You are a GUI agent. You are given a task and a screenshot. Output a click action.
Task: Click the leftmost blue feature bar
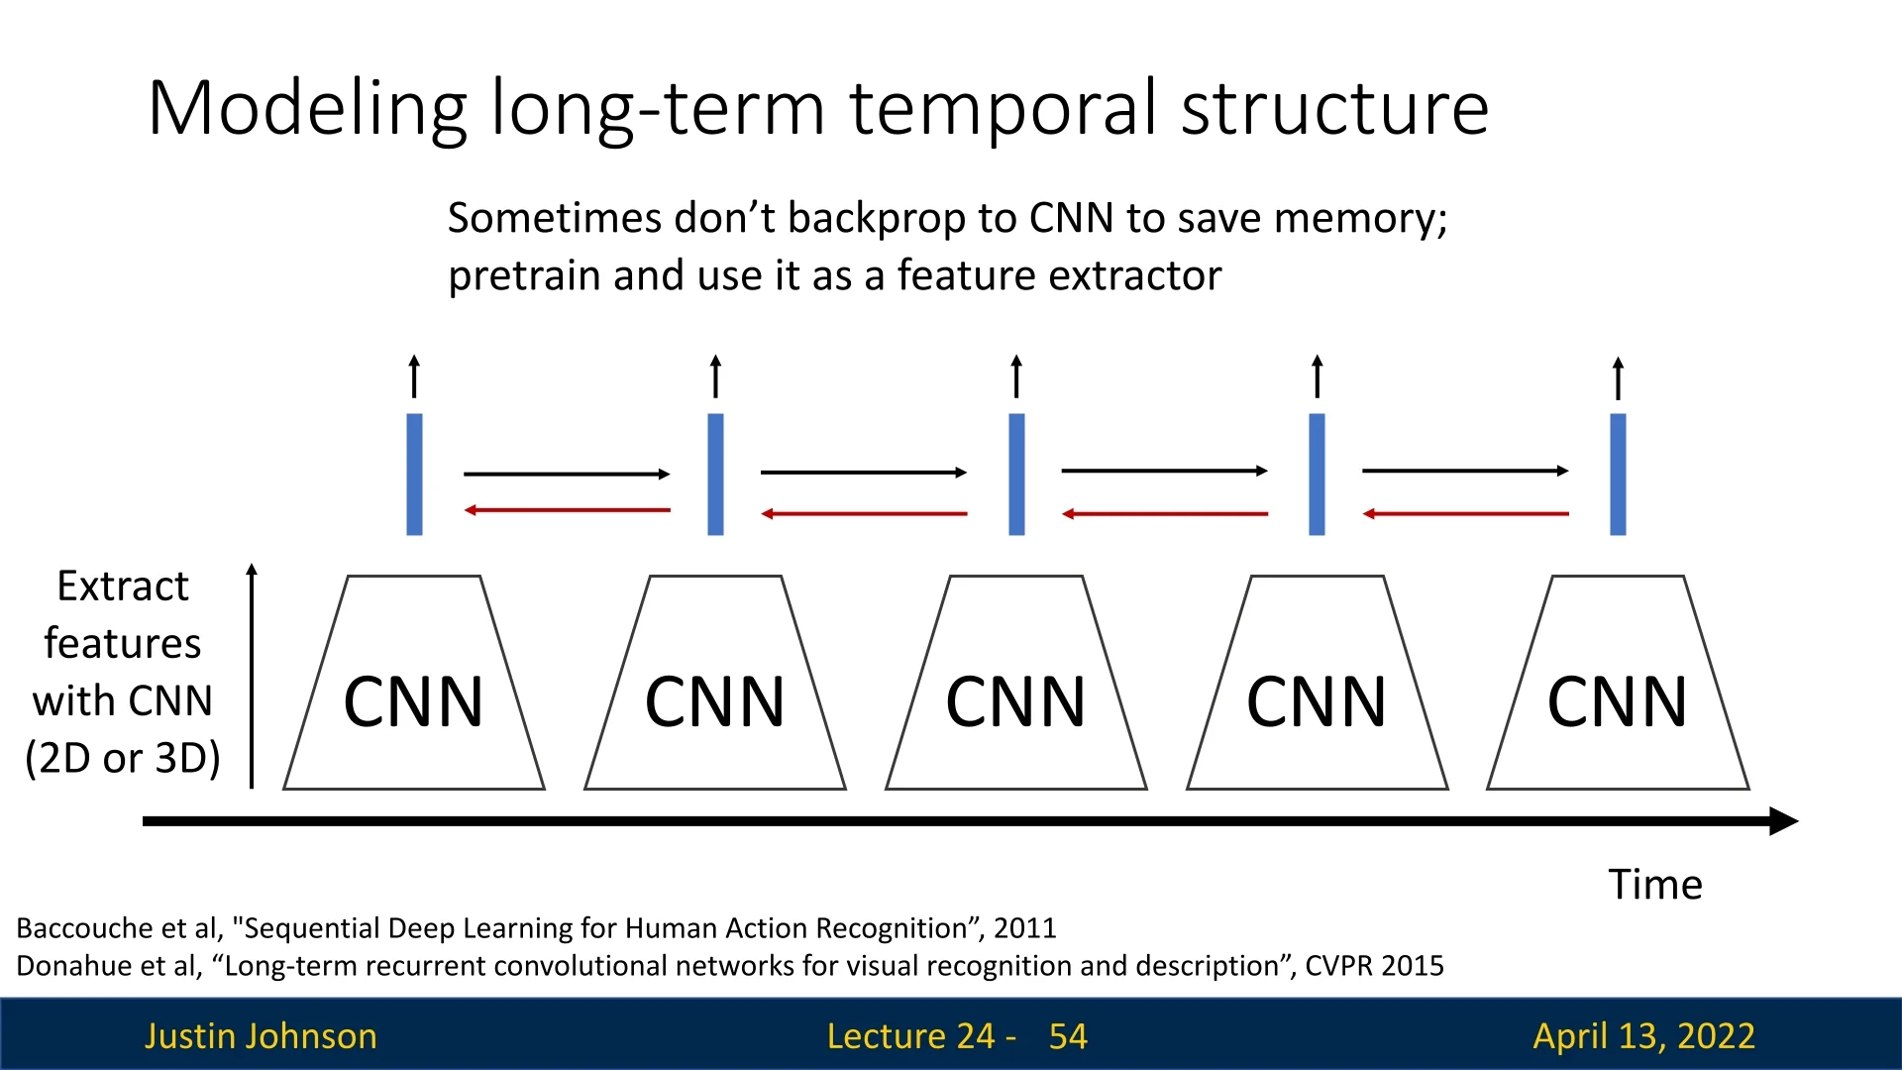tap(414, 475)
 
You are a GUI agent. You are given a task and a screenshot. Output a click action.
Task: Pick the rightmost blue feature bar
tap(1618, 475)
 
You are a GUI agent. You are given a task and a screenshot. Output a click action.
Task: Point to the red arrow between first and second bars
tap(568, 510)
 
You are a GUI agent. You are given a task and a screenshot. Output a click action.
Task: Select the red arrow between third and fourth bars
tap(1165, 514)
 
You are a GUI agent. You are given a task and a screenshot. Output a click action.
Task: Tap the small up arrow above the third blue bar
tap(1016, 376)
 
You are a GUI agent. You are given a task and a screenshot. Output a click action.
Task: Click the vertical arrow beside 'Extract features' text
tap(252, 676)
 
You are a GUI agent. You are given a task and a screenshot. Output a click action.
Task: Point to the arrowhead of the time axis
tap(1784, 821)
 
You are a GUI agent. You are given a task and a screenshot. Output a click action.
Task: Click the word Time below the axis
tap(1655, 884)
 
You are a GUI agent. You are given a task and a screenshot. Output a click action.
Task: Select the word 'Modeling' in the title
tap(307, 109)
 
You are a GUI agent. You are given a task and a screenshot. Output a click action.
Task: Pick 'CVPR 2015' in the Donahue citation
tap(1374, 966)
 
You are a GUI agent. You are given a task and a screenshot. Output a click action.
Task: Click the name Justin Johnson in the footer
tap(261, 1036)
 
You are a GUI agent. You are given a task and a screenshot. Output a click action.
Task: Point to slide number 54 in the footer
tap(1068, 1036)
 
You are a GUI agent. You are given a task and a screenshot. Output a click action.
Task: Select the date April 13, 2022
tap(1643, 1036)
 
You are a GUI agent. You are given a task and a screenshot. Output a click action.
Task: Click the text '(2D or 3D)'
tap(123, 758)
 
